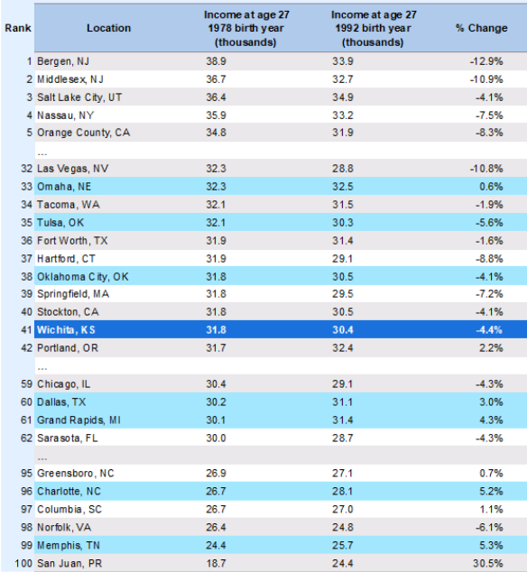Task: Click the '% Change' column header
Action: [x=481, y=28]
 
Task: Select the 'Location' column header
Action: [x=108, y=28]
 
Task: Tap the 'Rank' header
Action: [x=18, y=28]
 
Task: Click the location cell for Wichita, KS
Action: [x=66, y=330]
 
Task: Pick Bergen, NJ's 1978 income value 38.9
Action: [x=216, y=61]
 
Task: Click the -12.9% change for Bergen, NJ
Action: [x=486, y=61]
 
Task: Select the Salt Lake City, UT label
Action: [x=79, y=97]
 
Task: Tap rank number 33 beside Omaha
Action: [x=27, y=187]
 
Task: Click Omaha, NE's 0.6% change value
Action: [x=491, y=187]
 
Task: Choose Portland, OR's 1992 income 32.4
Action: [x=343, y=348]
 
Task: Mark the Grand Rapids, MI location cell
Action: [x=79, y=420]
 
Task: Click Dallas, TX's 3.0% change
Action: [x=491, y=402]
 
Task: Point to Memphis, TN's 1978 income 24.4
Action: [x=216, y=545]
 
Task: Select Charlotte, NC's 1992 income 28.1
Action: [x=342, y=492]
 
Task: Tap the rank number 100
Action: [x=23, y=563]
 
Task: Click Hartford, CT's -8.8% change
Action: [x=489, y=259]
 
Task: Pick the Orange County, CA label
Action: [x=84, y=133]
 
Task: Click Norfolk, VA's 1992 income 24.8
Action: [x=343, y=527]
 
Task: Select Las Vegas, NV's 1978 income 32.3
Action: [x=216, y=169]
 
